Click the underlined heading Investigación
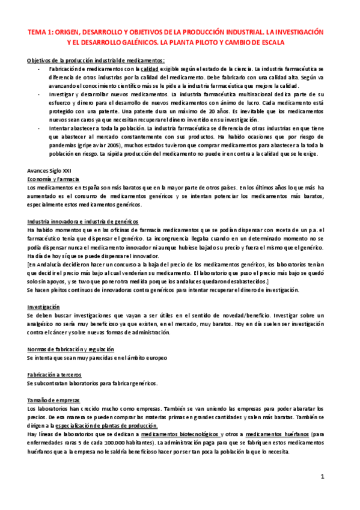pos(43,306)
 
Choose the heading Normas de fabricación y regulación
pos(71,349)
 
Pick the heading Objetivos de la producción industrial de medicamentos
pos(96,61)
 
